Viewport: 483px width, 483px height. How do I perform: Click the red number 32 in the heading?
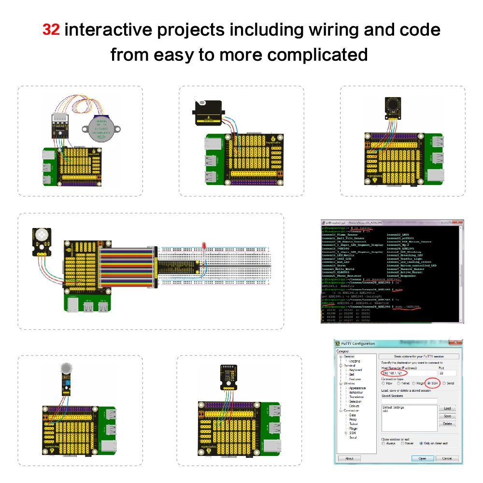[x=51, y=30]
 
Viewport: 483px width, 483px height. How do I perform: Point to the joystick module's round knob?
[x=392, y=104]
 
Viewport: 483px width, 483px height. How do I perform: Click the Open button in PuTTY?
[x=422, y=458]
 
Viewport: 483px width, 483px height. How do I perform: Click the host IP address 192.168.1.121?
[x=394, y=373]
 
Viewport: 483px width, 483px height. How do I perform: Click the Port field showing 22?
[x=447, y=373]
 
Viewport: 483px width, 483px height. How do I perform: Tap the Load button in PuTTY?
[x=447, y=408]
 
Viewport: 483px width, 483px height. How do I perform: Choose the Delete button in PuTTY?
[x=447, y=424]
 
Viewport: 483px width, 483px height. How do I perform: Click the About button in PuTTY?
[x=349, y=458]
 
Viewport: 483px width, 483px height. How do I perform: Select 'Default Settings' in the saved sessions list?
[x=393, y=408]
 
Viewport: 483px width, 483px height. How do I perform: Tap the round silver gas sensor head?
[x=65, y=369]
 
